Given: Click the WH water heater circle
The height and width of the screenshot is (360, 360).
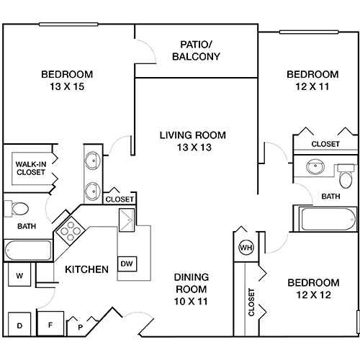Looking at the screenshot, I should coord(245,248).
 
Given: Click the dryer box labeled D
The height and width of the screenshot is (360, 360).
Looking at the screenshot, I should coord(19,325).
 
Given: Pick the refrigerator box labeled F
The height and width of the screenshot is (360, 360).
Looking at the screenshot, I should coord(50,324).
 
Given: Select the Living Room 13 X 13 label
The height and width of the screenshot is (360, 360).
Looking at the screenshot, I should coord(193,141).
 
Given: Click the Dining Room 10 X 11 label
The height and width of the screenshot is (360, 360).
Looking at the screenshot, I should coord(192,289).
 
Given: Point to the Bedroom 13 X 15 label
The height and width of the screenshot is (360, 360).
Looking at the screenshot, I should coord(66,80).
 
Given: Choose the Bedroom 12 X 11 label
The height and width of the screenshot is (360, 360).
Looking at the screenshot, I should coord(312,80).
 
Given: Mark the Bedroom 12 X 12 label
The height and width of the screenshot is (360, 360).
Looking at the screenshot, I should coord(312,288).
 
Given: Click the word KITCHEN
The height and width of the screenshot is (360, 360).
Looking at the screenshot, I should coord(87,270).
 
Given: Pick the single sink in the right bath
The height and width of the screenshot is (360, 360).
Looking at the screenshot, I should coord(315,168).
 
